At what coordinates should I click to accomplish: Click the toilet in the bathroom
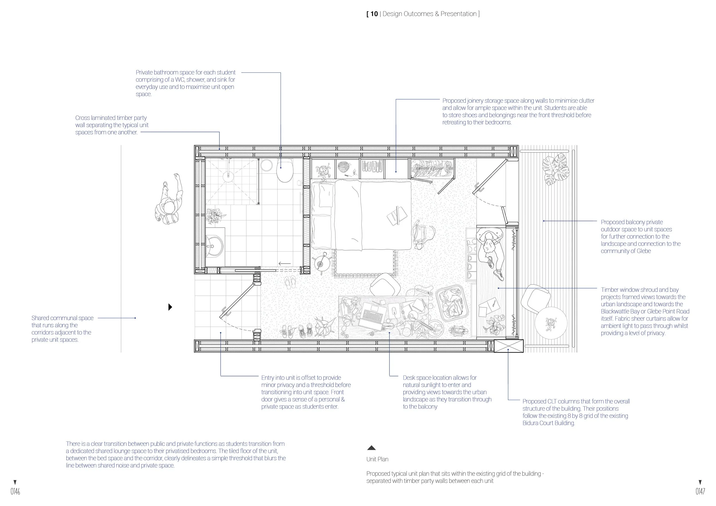285,171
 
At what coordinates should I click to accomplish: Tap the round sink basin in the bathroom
214,246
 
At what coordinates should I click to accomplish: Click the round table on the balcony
551,323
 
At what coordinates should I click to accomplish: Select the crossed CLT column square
509,346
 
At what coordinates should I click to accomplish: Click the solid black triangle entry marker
170,307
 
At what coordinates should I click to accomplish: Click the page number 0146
15,492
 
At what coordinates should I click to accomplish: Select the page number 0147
700,492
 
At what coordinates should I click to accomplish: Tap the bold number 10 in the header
374,14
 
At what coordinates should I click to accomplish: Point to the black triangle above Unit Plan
371,448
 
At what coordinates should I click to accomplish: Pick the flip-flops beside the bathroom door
290,282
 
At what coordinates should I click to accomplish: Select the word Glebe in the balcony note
643,251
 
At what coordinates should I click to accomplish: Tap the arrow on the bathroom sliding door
284,264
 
